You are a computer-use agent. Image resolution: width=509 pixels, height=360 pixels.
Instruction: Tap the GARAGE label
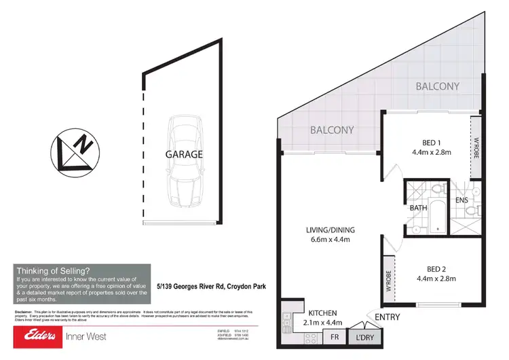pos(184,154)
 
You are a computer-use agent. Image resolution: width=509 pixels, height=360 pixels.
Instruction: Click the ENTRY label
pos(387,317)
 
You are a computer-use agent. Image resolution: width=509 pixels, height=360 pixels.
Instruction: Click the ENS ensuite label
pos(461,200)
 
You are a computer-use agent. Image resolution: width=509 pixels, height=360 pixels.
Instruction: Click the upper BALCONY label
pos(437,86)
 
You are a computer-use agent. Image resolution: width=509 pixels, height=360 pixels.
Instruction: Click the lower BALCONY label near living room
pos(332,130)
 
